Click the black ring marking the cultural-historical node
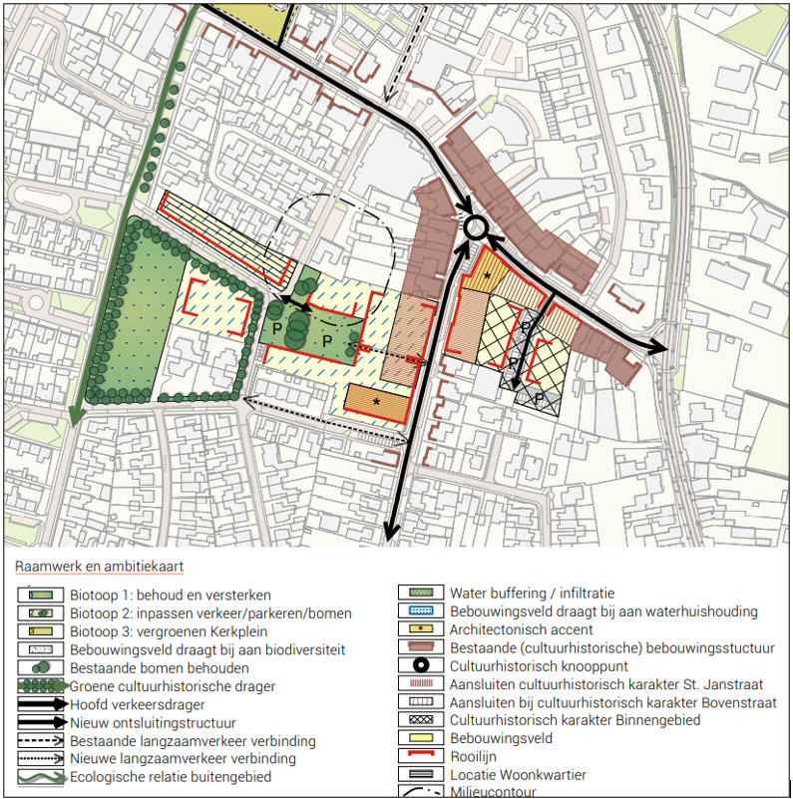tap(476, 227)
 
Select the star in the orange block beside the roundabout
tap(487, 274)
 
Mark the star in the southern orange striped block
tap(376, 400)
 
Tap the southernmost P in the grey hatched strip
tap(540, 398)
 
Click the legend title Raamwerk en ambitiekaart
tap(99, 567)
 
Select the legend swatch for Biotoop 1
tap(41, 596)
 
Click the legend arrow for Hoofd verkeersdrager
tap(41, 705)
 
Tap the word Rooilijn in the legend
tap(472, 757)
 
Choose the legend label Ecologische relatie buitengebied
tap(171, 777)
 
